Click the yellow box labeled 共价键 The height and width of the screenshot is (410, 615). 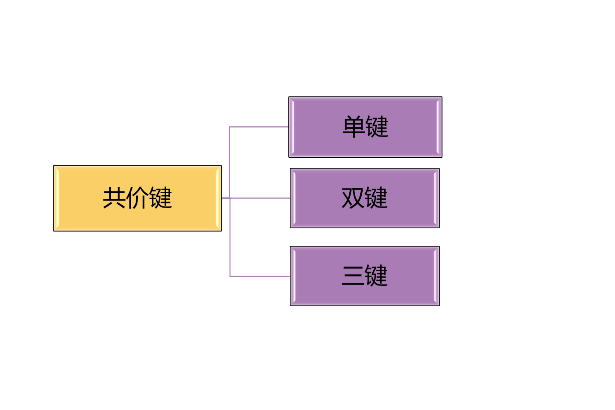[137, 198]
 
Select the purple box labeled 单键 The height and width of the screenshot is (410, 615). [365, 127]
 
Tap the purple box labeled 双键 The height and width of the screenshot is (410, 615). [364, 198]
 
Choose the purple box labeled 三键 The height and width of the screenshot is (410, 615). [364, 276]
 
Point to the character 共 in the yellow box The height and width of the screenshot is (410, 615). [114, 198]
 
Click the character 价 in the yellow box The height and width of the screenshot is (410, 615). [137, 198]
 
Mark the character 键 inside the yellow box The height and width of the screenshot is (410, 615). [161, 198]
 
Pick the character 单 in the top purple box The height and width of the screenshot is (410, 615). [353, 127]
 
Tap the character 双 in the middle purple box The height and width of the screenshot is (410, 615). [352, 198]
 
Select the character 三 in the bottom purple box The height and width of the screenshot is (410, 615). [352, 276]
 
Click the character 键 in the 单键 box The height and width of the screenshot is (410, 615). [377, 127]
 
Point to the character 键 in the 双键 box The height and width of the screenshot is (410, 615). [376, 198]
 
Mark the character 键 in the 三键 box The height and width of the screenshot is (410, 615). [376, 276]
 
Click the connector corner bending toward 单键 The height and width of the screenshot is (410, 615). [230, 127]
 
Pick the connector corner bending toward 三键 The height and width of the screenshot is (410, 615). [230, 276]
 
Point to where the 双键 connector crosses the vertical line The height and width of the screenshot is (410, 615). [230, 198]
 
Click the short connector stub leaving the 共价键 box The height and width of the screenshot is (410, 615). [225, 198]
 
